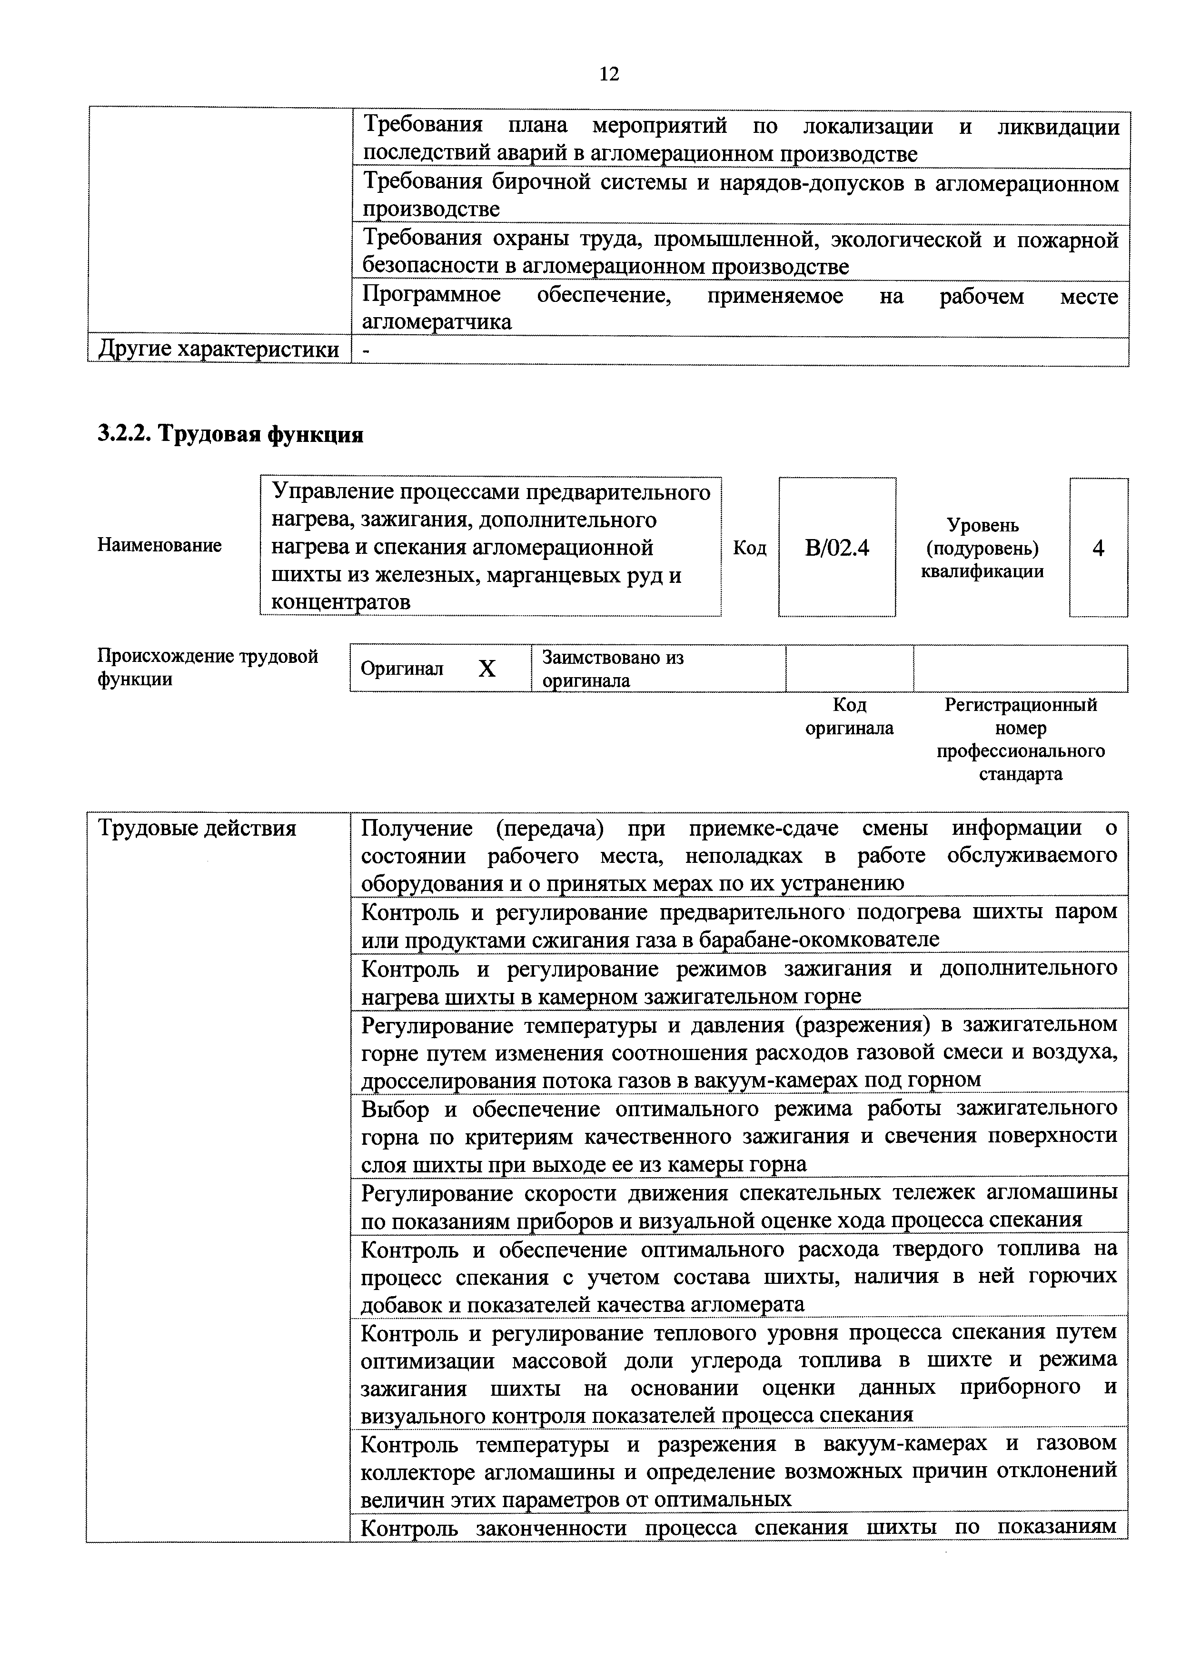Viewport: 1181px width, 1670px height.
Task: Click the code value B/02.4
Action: (837, 548)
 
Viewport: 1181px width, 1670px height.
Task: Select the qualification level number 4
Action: (1098, 548)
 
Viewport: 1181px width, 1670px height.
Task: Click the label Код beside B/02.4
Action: (749, 548)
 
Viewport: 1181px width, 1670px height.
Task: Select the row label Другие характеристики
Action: (218, 350)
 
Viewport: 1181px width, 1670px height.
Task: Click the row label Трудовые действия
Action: (197, 829)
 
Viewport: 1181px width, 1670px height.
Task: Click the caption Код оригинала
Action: (849, 717)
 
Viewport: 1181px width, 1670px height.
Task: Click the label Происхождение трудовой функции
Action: (207, 668)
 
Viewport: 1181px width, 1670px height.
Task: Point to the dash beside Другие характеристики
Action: (366, 350)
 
